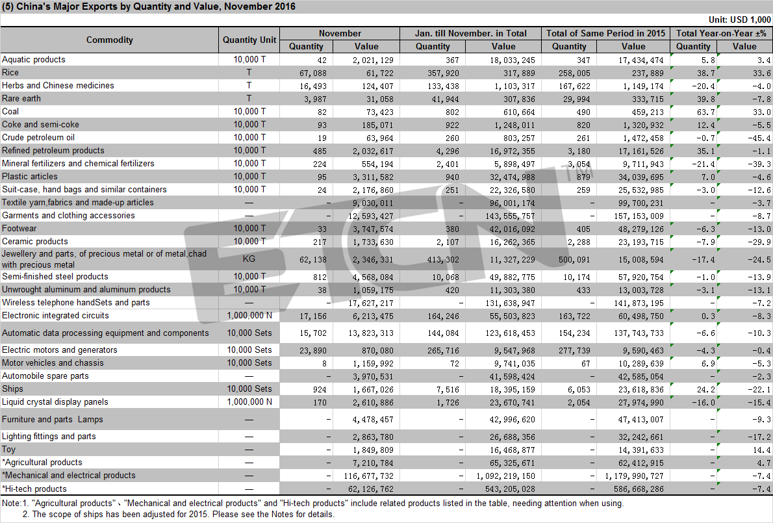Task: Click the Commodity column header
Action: click(x=109, y=40)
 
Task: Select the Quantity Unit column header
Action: click(x=249, y=40)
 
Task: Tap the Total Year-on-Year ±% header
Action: click(x=721, y=34)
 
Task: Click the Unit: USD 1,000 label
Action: click(x=739, y=19)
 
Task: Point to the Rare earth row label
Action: click(x=21, y=99)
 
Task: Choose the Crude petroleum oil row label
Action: click(x=38, y=138)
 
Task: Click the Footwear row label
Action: click(x=19, y=229)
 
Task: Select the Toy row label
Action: click(x=9, y=450)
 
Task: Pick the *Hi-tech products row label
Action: click(x=34, y=489)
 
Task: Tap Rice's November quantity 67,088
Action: click(x=312, y=73)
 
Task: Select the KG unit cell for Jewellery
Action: click(x=249, y=259)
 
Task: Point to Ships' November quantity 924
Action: click(x=320, y=390)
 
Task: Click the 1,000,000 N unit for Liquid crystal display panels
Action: click(x=249, y=402)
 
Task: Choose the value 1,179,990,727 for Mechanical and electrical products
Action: click(x=634, y=476)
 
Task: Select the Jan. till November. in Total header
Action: click(x=471, y=34)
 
